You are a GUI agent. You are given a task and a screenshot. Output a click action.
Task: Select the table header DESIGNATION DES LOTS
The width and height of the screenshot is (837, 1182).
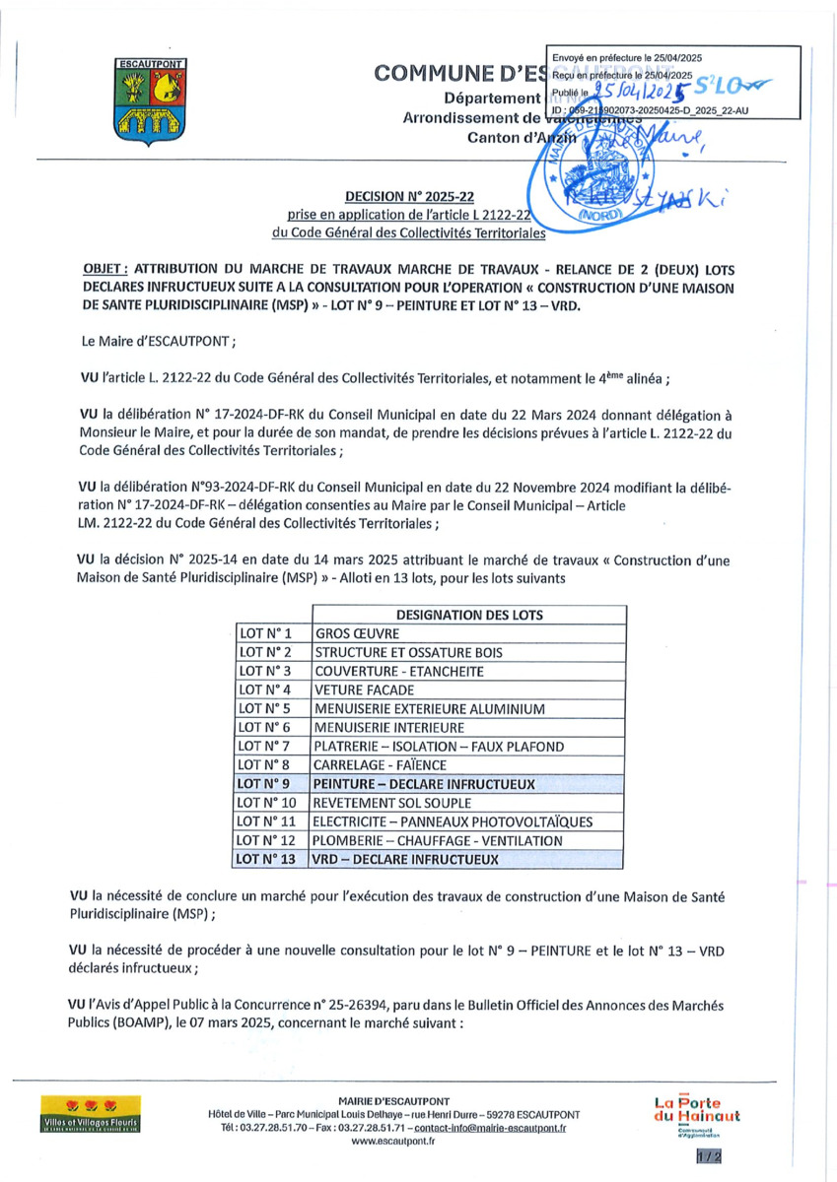pos(469,615)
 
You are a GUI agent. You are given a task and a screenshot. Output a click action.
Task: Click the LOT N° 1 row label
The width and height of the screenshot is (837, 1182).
pos(266,634)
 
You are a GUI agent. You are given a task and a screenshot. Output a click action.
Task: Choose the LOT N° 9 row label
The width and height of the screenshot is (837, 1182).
pos(266,784)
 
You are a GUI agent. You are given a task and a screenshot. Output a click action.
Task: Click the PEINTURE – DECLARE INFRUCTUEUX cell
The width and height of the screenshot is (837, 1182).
pos(424,784)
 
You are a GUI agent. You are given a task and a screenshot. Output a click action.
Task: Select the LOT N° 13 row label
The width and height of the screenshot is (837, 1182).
pos(269,859)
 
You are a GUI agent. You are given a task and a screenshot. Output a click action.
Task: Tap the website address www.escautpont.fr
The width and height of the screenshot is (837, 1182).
pos(393,1141)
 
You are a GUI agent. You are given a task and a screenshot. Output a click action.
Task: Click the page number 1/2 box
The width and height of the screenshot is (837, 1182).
pos(708,1156)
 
